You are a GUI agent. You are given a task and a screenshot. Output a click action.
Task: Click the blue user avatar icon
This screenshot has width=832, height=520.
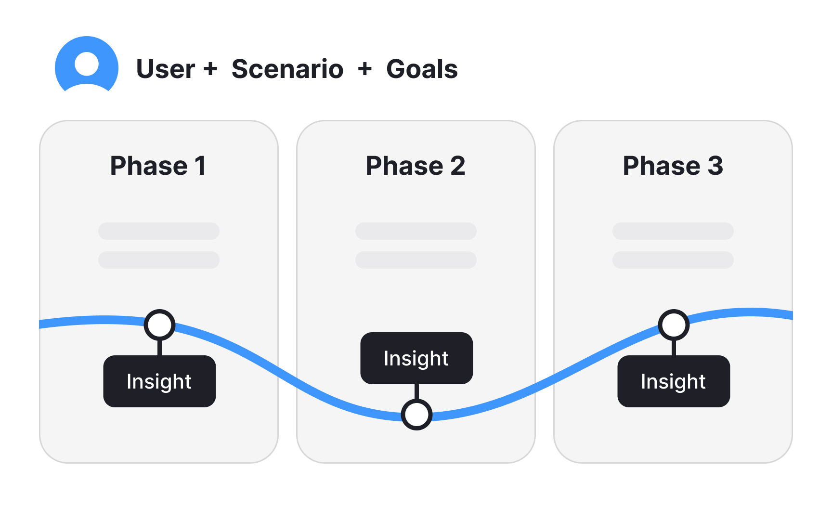point(87,65)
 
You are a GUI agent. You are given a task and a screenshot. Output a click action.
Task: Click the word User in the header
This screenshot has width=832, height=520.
point(165,69)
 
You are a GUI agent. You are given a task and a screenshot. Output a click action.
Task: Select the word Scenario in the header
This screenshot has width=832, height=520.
point(287,69)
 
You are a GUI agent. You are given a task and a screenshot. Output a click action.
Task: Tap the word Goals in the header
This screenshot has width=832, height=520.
point(422,69)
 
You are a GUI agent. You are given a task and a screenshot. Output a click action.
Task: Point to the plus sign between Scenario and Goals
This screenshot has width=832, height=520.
point(365,68)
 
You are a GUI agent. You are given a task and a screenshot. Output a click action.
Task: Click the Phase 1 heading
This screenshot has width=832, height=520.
point(158,166)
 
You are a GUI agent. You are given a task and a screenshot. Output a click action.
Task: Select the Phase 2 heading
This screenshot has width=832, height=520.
point(416,166)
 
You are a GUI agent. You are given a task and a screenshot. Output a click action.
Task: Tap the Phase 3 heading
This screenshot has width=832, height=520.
point(673,166)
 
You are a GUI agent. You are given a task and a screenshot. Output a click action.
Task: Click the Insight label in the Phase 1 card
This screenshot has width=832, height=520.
point(159,381)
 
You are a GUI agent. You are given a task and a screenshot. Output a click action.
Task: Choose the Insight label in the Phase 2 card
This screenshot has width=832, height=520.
point(416,358)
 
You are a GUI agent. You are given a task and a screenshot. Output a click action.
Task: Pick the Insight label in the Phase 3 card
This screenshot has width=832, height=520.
point(674,381)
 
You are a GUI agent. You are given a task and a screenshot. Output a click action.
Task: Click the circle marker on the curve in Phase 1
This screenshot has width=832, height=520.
point(159,325)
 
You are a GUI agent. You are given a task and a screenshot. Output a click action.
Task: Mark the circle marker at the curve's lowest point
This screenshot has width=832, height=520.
point(416,414)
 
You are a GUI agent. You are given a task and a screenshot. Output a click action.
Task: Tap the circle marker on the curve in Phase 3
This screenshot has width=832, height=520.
point(674,325)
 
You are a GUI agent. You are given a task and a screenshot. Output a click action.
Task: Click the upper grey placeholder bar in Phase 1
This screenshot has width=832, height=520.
point(159,231)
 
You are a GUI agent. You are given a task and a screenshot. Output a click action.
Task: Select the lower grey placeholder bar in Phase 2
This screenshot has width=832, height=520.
point(416,260)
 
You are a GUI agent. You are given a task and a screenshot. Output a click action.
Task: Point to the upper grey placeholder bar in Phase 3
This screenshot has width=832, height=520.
point(673,231)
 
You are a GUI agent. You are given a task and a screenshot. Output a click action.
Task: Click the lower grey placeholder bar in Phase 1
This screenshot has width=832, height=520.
point(159,260)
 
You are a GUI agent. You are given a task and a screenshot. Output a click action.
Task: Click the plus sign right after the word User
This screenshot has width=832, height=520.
point(210,68)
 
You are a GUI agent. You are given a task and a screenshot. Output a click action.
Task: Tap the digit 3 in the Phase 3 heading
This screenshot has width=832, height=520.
point(715,166)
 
